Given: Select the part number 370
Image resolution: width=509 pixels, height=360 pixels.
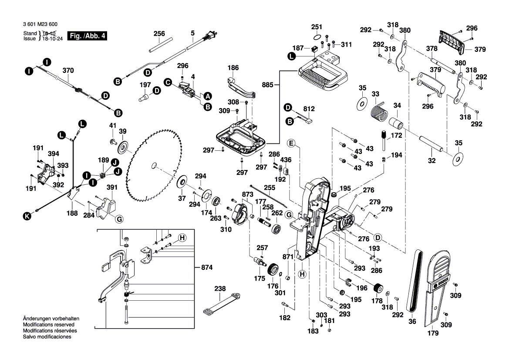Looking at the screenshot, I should click(68, 70).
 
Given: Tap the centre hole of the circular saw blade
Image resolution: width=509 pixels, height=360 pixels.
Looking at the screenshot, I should click(153, 165).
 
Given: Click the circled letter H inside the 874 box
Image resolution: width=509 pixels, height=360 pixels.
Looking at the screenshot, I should click(182, 238).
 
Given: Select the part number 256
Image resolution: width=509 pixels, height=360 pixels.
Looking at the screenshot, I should click(159, 33).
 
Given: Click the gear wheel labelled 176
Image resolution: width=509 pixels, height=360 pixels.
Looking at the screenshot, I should click(273, 269).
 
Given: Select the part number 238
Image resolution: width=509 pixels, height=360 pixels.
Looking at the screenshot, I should click(220, 289).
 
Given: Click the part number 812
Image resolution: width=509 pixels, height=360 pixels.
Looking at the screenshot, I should click(309, 108).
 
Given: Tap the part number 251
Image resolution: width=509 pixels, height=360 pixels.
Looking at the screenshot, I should click(316, 27).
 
